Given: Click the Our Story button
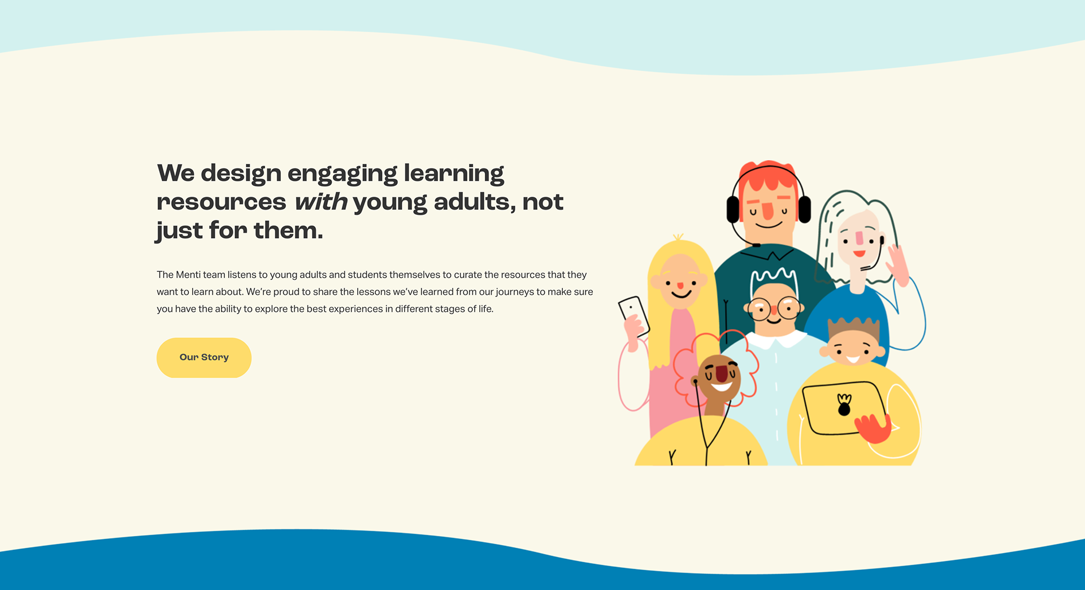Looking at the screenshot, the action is click(204, 358).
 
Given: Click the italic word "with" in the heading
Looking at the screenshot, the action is click(321, 202).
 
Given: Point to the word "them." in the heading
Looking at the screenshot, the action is click(288, 231).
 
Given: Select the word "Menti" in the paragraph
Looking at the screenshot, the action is click(188, 275).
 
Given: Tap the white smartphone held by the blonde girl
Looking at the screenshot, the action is click(634, 315).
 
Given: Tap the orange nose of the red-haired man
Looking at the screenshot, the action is click(767, 210).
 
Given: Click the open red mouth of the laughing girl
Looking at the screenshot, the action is click(722, 374).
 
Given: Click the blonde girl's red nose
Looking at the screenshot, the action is click(680, 286).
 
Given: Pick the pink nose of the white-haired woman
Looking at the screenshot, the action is click(860, 238).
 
